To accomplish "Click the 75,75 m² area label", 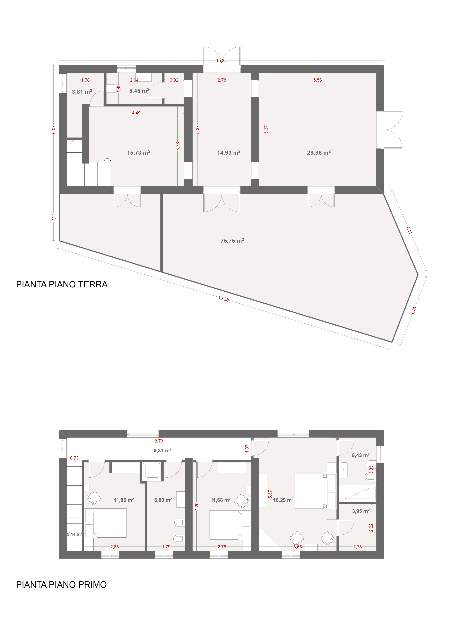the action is pyautogui.click(x=232, y=240).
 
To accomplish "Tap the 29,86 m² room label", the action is pyautogui.click(x=319, y=152).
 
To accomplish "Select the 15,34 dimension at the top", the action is pyautogui.click(x=222, y=61).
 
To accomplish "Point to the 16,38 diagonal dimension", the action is pyautogui.click(x=223, y=299).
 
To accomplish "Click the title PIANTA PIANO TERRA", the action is pyautogui.click(x=62, y=284).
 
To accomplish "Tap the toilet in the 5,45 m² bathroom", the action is pyautogui.click(x=112, y=88).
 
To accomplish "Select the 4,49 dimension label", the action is pyautogui.click(x=136, y=113).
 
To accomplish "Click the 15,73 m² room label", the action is pyautogui.click(x=138, y=152).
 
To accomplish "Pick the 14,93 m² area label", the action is pyautogui.click(x=229, y=152).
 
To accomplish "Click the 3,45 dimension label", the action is pyautogui.click(x=414, y=311).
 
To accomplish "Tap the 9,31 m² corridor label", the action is pyautogui.click(x=163, y=450).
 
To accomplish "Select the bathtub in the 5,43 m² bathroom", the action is pyautogui.click(x=357, y=493).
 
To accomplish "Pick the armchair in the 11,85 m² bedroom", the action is pyautogui.click(x=94, y=498).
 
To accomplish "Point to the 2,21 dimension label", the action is pyautogui.click(x=54, y=217).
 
